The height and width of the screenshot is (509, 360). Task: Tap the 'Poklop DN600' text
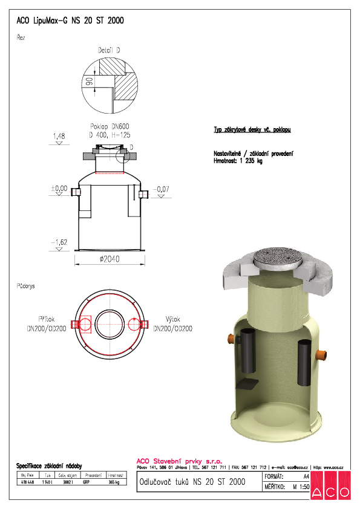click(x=110, y=126)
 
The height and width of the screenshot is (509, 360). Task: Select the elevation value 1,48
click(x=59, y=137)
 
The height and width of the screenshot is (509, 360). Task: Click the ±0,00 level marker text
click(x=59, y=189)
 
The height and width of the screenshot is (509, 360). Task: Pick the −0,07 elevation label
click(x=163, y=189)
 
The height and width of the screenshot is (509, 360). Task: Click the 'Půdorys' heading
click(x=25, y=285)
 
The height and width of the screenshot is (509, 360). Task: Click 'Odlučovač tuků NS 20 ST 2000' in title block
click(x=192, y=482)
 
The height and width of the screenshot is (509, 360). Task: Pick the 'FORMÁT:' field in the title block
click(x=276, y=477)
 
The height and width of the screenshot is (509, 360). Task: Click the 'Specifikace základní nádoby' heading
click(x=48, y=465)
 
